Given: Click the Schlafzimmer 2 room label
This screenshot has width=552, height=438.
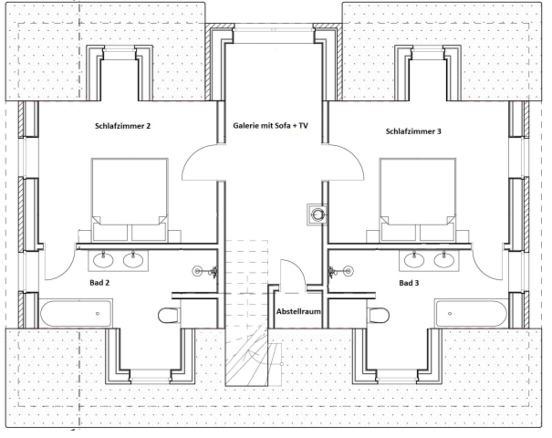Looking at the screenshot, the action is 123,126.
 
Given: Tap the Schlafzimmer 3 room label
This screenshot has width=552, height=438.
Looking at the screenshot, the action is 413,131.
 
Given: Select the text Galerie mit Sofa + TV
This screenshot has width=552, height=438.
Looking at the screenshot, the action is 270,126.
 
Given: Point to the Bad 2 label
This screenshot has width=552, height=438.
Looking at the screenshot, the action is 100,283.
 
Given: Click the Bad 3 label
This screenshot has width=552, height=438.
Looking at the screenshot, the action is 409,283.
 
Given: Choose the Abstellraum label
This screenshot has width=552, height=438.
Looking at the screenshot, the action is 299,312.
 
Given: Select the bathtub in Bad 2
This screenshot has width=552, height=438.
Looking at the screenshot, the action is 76,314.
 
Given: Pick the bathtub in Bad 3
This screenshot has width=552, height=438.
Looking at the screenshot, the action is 471,314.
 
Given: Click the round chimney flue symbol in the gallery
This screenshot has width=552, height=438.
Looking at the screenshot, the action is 318,214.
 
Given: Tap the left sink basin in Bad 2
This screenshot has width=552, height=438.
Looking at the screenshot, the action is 103,260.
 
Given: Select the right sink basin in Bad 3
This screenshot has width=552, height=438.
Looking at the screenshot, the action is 444,260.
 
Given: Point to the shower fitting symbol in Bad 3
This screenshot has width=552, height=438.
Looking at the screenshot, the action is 341,272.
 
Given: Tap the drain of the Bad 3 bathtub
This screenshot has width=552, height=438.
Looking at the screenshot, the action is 450,314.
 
